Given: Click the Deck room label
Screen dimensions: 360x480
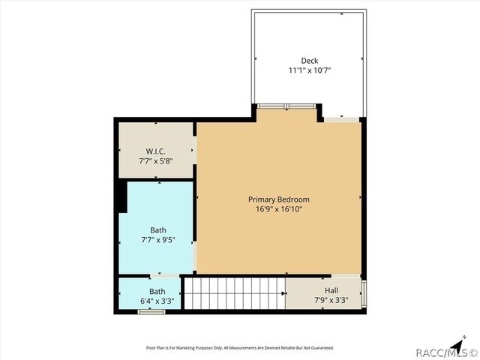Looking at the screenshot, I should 310,61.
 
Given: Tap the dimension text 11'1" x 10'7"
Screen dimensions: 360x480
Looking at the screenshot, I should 310,70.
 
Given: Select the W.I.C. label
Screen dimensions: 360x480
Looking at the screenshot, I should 156,150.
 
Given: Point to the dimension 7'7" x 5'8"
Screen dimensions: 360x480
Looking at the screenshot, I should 156,160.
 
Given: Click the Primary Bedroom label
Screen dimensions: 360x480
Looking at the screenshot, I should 279,199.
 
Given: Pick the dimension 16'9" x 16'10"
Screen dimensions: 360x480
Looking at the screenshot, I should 279,209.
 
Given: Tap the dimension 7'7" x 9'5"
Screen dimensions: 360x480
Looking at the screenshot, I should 157,240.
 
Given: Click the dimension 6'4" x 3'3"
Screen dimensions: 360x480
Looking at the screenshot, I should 157,301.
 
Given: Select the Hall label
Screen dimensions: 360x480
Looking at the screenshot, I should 331,290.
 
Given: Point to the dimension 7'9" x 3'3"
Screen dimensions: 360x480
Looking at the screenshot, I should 331,301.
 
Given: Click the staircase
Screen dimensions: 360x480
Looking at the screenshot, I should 235,292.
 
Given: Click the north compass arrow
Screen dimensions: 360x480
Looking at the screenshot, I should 467,338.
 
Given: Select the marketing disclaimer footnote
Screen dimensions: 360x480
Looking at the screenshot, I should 239,348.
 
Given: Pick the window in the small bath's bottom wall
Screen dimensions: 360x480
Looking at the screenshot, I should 151,311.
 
